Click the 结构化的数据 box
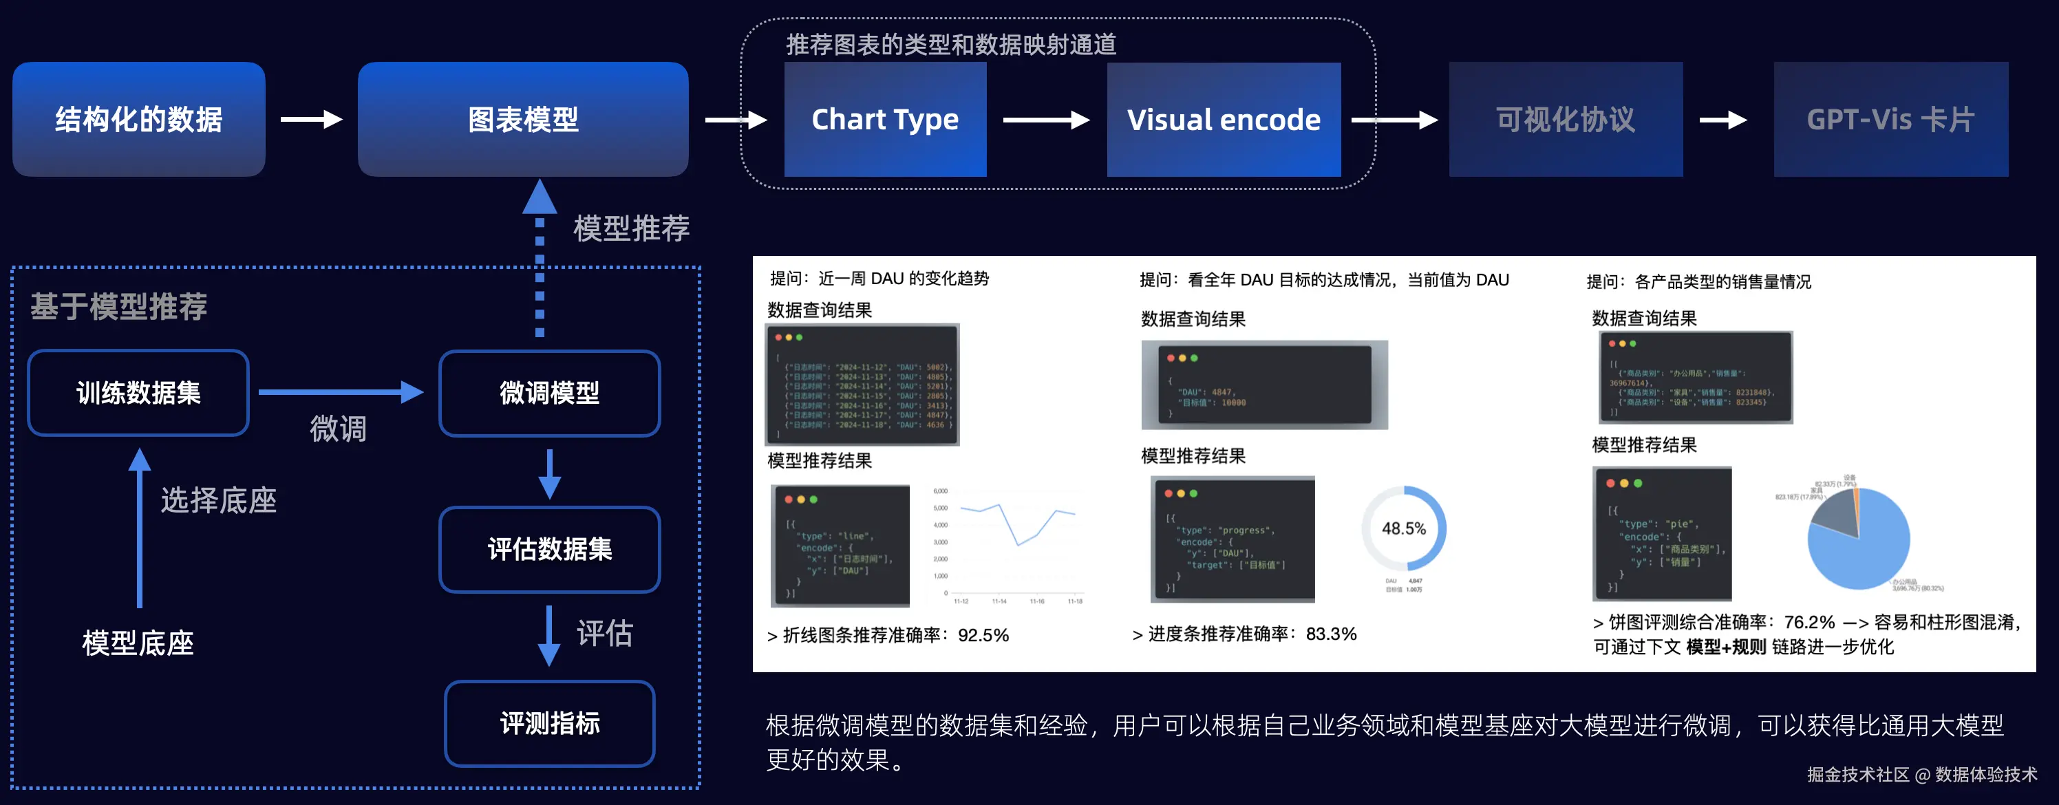pos(138,119)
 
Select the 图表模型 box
pos(523,119)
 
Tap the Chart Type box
pos(885,119)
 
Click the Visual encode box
pos(1223,119)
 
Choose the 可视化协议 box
pos(1565,119)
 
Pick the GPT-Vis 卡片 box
pos(1890,119)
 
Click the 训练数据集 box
pos(138,392)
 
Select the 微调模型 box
pos(549,392)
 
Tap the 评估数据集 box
pos(549,549)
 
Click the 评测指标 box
pos(549,722)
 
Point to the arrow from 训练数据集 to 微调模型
pos(340,391)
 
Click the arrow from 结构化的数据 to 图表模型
pos(311,119)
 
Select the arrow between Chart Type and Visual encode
pos(1045,120)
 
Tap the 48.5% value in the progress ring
pos(1404,528)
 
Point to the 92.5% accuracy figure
pos(983,636)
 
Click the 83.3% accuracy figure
pos(1331,634)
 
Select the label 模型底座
pos(138,643)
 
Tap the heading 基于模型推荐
pos(119,306)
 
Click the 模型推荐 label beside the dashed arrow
pos(630,228)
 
